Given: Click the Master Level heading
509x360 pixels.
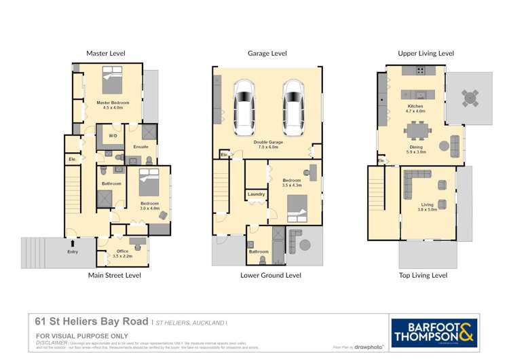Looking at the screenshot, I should point(105,53).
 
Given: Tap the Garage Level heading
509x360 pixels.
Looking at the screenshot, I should point(268,53).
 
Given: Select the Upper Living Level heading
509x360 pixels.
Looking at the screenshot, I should point(426,53).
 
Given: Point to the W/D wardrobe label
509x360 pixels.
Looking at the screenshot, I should point(112,136).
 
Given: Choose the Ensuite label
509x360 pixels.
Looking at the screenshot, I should point(140,146).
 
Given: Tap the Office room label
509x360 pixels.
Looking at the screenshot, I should point(122,253).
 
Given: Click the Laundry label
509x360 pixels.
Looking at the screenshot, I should point(256,194).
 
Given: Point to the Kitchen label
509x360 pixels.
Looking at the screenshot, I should point(415,108).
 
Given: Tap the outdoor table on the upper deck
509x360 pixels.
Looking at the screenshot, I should point(470,98).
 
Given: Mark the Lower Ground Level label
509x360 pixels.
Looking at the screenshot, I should point(271,275).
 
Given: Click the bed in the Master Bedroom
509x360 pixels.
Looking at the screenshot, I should point(112,82).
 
